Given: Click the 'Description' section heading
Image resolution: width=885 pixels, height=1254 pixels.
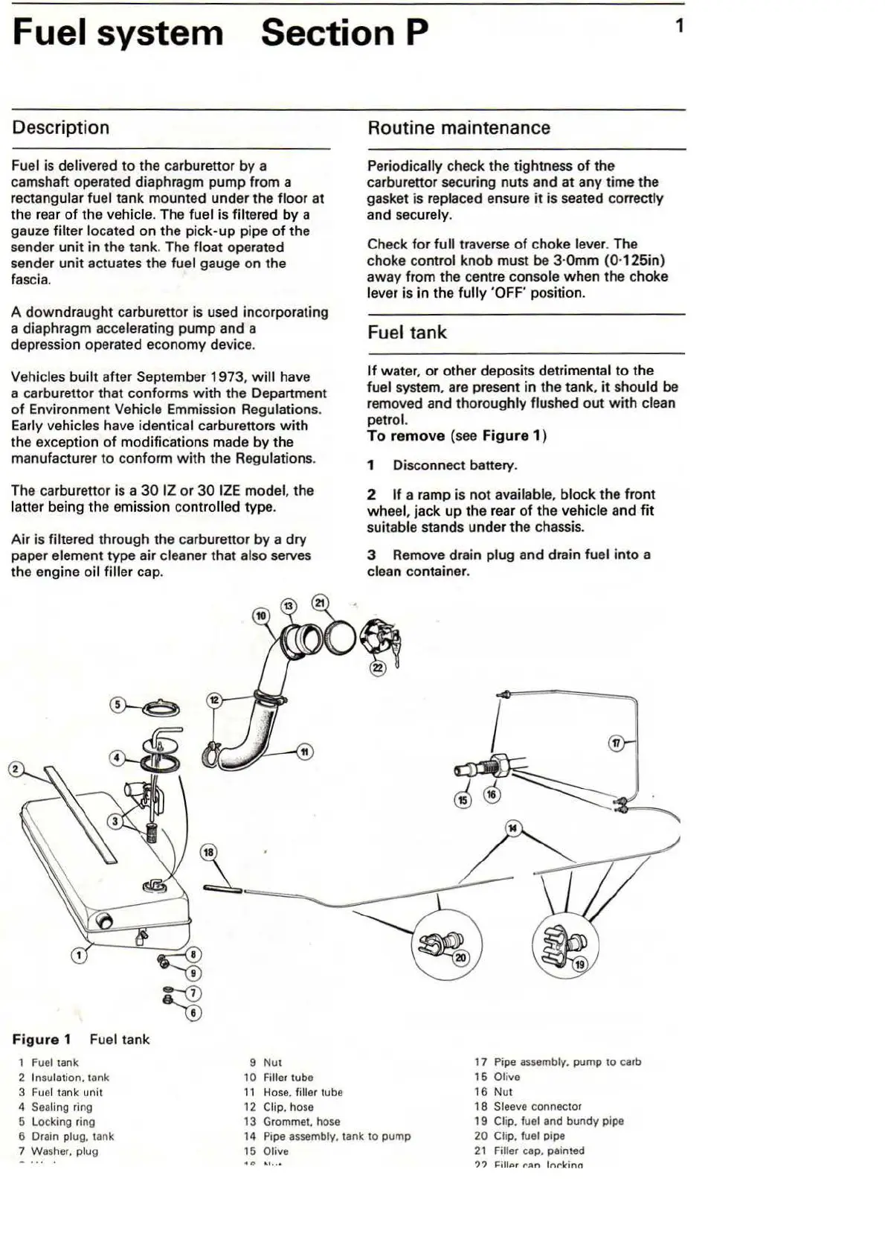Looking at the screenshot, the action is click(x=61, y=128).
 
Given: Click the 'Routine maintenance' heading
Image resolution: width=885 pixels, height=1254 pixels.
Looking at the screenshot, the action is click(x=459, y=128).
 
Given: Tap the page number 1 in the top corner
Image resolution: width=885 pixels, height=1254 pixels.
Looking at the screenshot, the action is click(x=679, y=27).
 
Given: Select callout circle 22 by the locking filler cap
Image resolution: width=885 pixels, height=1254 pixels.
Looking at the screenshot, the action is click(x=378, y=668).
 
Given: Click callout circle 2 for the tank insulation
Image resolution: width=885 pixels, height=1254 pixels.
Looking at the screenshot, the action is click(x=16, y=769).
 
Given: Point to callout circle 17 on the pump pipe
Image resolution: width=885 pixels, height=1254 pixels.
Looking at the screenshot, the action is click(x=617, y=743).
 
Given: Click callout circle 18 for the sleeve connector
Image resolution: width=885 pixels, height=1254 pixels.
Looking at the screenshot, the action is click(x=208, y=853).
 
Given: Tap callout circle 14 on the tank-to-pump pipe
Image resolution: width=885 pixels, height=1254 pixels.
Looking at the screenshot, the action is click(x=512, y=828).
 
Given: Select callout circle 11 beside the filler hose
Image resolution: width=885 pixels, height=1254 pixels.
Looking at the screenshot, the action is click(x=304, y=752).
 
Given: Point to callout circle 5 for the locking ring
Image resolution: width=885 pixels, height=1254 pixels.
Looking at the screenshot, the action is click(x=118, y=704).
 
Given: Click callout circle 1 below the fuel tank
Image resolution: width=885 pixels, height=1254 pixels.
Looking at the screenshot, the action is click(x=78, y=955).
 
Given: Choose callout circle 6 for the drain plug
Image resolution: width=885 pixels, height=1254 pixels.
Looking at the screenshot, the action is click(x=193, y=1012).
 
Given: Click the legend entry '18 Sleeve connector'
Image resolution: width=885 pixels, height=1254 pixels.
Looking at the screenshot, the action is click(x=528, y=1107).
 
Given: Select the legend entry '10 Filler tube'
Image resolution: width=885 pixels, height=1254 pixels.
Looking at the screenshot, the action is click(x=279, y=1078).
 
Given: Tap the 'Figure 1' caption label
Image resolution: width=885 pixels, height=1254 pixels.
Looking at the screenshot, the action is click(x=42, y=1040).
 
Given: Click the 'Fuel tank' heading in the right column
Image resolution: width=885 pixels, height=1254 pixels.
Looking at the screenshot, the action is click(x=407, y=333).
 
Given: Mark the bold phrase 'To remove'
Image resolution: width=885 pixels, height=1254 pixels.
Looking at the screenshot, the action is click(x=406, y=436).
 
